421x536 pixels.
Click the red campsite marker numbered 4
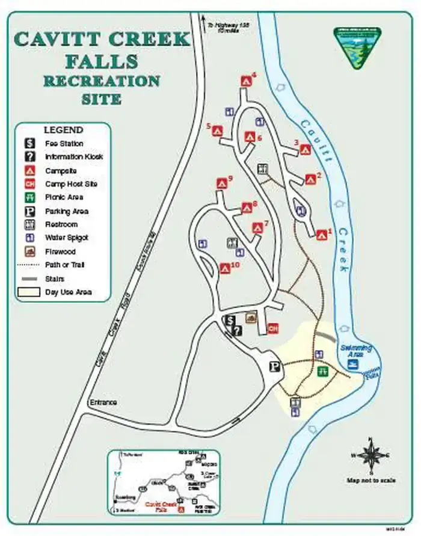tap(246, 80)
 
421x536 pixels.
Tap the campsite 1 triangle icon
tap(321, 234)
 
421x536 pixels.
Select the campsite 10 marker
tap(226, 268)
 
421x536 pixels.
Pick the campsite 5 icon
tap(218, 131)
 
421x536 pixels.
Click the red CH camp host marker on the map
tap(272, 328)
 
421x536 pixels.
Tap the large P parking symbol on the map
tap(275, 366)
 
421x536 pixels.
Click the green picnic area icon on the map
tap(322, 371)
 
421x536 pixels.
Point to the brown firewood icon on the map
tap(250, 317)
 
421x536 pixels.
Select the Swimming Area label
tap(356, 351)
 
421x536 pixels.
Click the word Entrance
tap(103, 402)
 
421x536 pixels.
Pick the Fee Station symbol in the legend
tap(29, 143)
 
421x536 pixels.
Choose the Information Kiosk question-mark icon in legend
tap(29, 156)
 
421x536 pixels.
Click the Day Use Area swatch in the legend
tap(29, 292)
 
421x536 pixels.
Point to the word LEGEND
tap(63, 129)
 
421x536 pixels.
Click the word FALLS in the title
tap(102, 61)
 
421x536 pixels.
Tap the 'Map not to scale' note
tap(371, 480)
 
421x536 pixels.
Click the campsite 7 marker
tap(258, 228)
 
